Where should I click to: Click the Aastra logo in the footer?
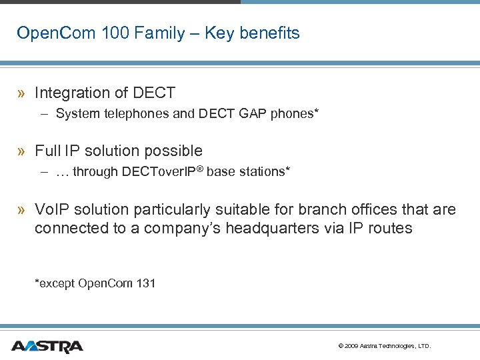click(47, 346)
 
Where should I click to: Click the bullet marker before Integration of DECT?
click(23, 93)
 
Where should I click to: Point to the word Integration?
click(71, 93)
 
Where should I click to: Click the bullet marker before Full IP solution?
click(23, 151)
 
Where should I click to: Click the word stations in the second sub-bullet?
click(265, 172)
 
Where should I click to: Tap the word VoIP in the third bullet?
click(51, 209)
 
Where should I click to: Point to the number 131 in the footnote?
click(145, 283)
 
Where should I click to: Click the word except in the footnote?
click(57, 283)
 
